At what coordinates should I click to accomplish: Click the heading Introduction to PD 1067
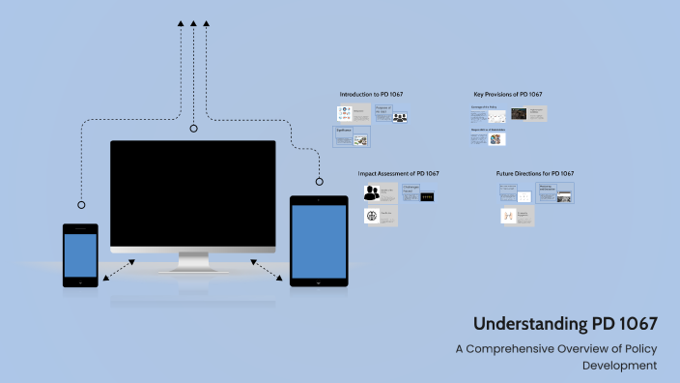click(371, 94)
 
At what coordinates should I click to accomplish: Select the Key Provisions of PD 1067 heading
click(507, 94)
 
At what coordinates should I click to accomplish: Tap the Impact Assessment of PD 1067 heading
click(398, 174)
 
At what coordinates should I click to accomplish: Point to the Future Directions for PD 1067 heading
click(535, 174)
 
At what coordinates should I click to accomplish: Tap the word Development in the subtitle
click(620, 365)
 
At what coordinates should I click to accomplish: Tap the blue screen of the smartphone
click(80, 253)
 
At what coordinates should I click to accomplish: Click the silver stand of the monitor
click(193, 261)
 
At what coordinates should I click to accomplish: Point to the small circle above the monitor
click(193, 128)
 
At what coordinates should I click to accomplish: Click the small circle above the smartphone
click(81, 205)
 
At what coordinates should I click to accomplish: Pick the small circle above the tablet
click(319, 180)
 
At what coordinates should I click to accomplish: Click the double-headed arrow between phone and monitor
click(119, 270)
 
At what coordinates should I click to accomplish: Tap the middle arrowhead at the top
click(193, 22)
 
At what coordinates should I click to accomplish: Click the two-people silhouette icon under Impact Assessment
click(372, 193)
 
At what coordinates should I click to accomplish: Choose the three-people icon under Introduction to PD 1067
click(400, 118)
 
